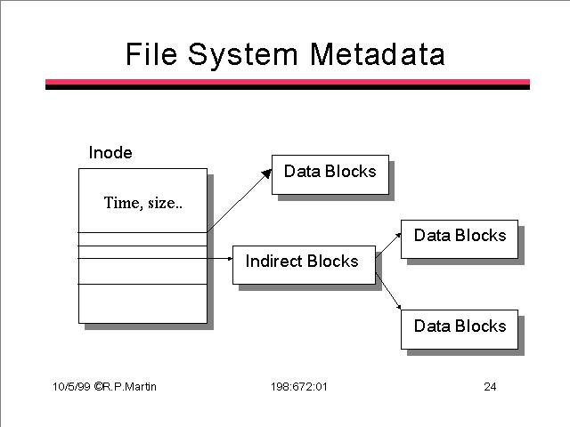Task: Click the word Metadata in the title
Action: (x=377, y=54)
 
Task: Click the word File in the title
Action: (x=151, y=53)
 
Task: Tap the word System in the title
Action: (x=243, y=55)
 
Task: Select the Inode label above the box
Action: (x=110, y=152)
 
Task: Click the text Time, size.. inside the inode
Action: (x=143, y=203)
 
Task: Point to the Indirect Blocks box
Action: (x=304, y=265)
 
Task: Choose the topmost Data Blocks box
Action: (x=330, y=174)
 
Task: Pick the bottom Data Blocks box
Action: (x=460, y=329)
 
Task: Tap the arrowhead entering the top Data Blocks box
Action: (x=267, y=173)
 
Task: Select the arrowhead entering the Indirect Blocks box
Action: (x=230, y=259)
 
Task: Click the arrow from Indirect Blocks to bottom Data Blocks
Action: (x=388, y=291)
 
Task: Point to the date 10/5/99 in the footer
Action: (x=71, y=386)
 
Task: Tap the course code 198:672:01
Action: (x=299, y=387)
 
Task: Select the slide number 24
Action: (x=490, y=387)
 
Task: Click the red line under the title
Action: (x=288, y=82)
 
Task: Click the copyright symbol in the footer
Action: (x=98, y=386)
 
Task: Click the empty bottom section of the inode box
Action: (x=142, y=303)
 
